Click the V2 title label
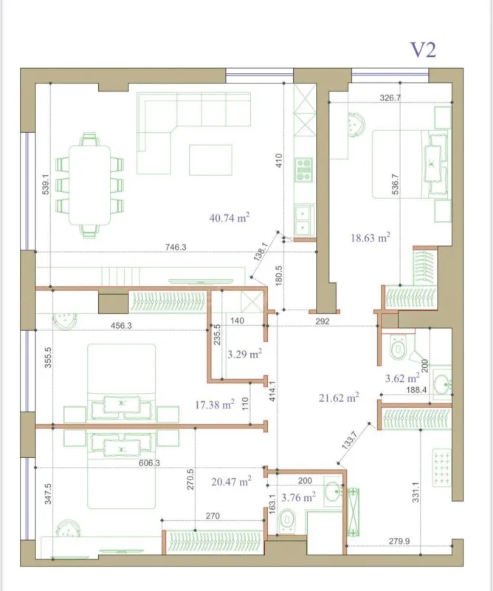point(424,50)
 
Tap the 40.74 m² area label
point(230,217)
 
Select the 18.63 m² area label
point(370,238)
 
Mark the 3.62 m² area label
point(402,378)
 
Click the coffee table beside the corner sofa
point(205,160)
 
